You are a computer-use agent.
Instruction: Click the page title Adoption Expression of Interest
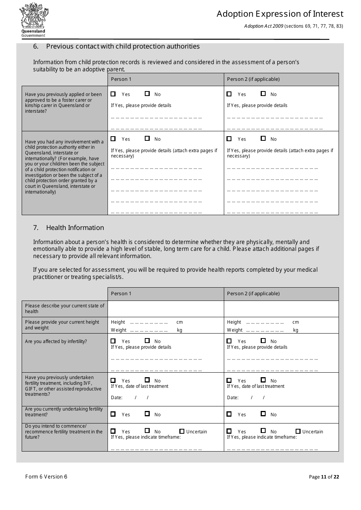(x=280, y=14)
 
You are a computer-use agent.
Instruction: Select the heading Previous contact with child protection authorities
(x=123, y=46)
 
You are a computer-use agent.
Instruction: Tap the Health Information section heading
(x=75, y=228)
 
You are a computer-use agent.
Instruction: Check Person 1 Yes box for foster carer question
(x=113, y=94)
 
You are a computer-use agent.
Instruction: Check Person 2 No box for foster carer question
(x=263, y=94)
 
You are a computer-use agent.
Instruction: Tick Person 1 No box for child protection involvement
(x=147, y=139)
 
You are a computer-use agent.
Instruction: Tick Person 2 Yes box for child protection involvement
(x=229, y=139)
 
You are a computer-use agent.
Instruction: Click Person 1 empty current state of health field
(x=166, y=309)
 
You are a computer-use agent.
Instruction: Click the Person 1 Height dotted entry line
(x=149, y=322)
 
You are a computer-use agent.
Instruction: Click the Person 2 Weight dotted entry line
(x=265, y=330)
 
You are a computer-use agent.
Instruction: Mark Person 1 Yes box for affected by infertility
(x=113, y=341)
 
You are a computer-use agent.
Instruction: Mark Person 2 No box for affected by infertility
(x=263, y=341)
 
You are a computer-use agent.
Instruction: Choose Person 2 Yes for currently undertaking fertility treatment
(x=229, y=414)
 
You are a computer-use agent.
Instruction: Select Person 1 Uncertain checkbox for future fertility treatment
(x=182, y=431)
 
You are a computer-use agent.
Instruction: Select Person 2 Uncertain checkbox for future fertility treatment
(x=298, y=431)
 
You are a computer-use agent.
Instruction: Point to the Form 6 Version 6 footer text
(x=46, y=477)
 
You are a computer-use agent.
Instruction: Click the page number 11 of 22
(x=324, y=477)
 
